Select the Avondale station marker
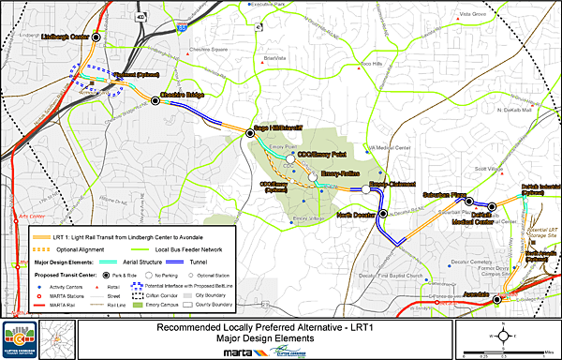pos(496,298)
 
